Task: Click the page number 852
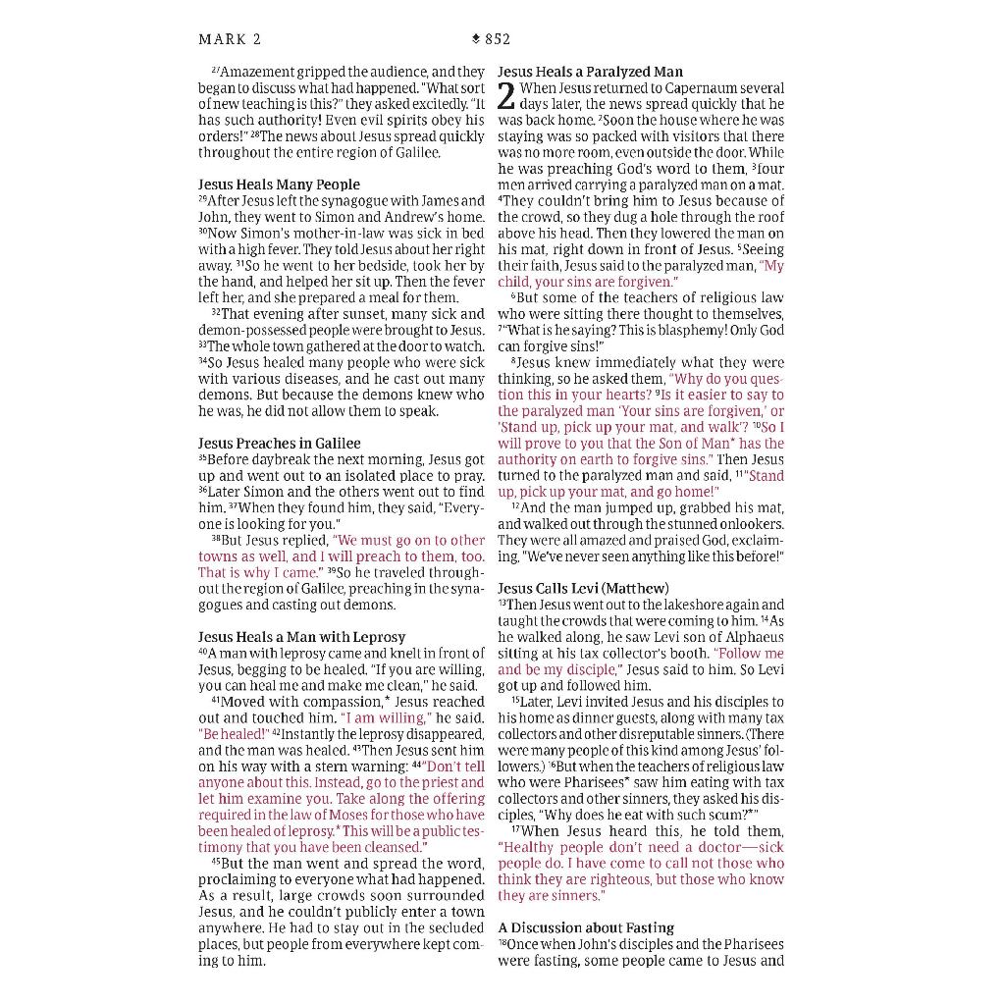coord(498,39)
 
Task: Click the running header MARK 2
coord(230,39)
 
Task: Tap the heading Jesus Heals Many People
coord(279,185)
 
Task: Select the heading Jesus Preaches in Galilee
coord(279,444)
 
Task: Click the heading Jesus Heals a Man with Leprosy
coord(301,637)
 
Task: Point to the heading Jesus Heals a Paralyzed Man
coord(590,72)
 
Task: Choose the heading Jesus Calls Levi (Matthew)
coord(583,589)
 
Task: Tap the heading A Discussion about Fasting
coord(586,927)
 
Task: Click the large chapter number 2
coord(506,96)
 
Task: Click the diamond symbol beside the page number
coord(476,39)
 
